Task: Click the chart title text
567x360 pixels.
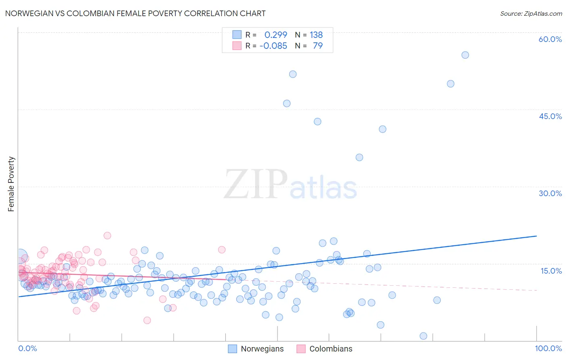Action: (x=135, y=13)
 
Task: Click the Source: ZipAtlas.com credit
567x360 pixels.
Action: (x=531, y=13)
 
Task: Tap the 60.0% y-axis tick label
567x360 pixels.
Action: (x=550, y=39)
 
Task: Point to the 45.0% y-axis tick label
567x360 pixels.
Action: (x=550, y=116)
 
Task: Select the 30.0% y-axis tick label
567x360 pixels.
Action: (x=550, y=193)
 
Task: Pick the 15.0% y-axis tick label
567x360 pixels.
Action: (x=551, y=270)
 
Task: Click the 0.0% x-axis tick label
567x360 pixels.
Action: (x=27, y=348)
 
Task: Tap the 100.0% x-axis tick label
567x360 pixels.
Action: (x=548, y=348)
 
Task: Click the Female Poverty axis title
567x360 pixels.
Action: (x=11, y=184)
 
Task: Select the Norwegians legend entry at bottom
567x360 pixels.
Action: (x=256, y=349)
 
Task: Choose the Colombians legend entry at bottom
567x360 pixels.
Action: (x=325, y=349)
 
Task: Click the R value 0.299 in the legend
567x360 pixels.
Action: (x=276, y=35)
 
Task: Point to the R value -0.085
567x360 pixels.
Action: (x=273, y=46)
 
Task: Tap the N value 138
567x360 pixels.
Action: (x=316, y=35)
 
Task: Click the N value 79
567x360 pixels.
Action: (x=318, y=46)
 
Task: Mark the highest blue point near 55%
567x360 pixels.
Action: (x=465, y=55)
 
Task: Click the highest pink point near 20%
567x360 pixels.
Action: (x=107, y=236)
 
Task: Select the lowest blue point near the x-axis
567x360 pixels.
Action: (x=423, y=336)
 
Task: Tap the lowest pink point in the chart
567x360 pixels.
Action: (x=147, y=320)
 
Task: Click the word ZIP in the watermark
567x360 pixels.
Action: (x=256, y=184)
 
